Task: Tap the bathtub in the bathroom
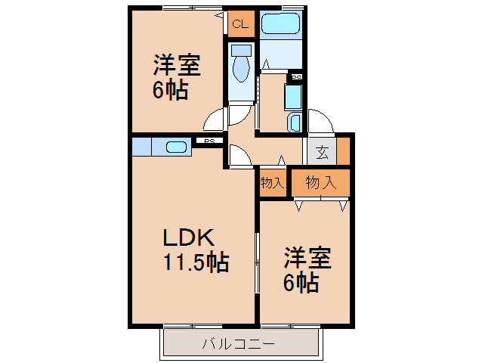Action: [x=281, y=24]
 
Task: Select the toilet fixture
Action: [x=241, y=67]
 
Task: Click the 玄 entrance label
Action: [x=322, y=152]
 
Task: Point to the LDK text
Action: [x=190, y=237]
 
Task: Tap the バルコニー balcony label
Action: [x=238, y=345]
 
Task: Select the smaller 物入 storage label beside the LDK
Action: [x=272, y=183]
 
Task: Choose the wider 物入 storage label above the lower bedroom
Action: [x=321, y=182]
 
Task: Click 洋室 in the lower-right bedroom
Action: [x=307, y=259]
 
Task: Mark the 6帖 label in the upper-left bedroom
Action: [x=171, y=91]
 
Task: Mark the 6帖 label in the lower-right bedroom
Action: [x=300, y=284]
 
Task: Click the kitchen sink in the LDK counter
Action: [x=176, y=147]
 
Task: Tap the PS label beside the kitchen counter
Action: [x=210, y=141]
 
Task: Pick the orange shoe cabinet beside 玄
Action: [x=344, y=151]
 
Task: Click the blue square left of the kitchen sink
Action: [x=141, y=146]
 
